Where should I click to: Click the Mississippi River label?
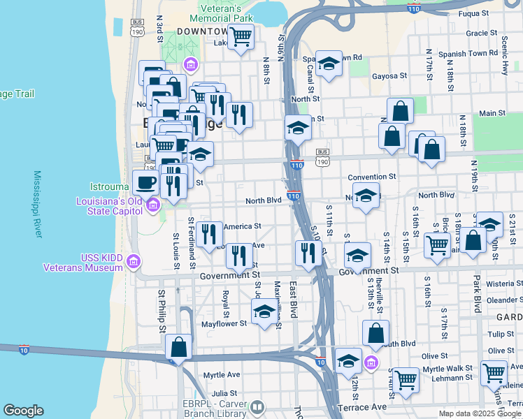tap(38, 203)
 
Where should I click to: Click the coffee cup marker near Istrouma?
tap(145, 183)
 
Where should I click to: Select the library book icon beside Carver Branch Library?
tap(257, 406)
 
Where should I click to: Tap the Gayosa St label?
tap(389, 76)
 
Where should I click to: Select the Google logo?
tap(23, 411)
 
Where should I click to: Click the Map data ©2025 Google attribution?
tap(479, 413)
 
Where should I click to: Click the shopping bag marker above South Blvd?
tap(375, 334)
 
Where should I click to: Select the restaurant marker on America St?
tap(208, 234)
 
